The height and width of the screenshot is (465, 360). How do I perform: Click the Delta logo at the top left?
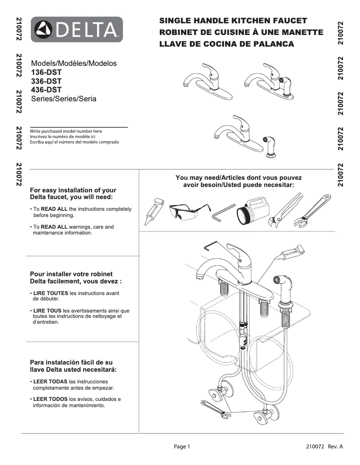click(77, 30)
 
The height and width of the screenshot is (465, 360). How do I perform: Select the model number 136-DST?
click(46, 72)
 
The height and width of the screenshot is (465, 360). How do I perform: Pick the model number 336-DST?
click(46, 81)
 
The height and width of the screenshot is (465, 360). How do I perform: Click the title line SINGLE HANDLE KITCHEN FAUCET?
click(233, 21)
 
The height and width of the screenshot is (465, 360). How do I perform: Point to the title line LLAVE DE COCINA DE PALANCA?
click(227, 44)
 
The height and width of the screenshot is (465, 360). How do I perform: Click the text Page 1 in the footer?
click(182, 447)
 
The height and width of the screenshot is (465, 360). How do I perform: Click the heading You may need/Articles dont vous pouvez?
click(238, 178)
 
